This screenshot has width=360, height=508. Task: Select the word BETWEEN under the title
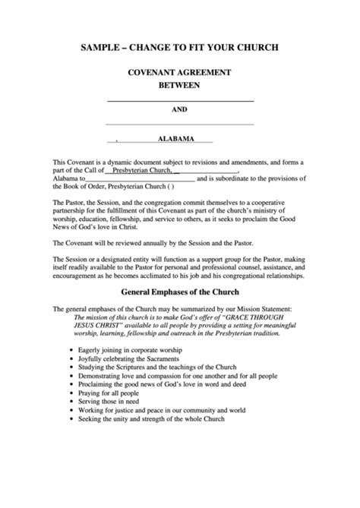[179, 85]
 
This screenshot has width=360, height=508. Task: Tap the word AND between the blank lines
[179, 110]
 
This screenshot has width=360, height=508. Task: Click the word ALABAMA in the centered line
[175, 139]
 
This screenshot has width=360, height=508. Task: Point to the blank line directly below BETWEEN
[179, 100]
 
